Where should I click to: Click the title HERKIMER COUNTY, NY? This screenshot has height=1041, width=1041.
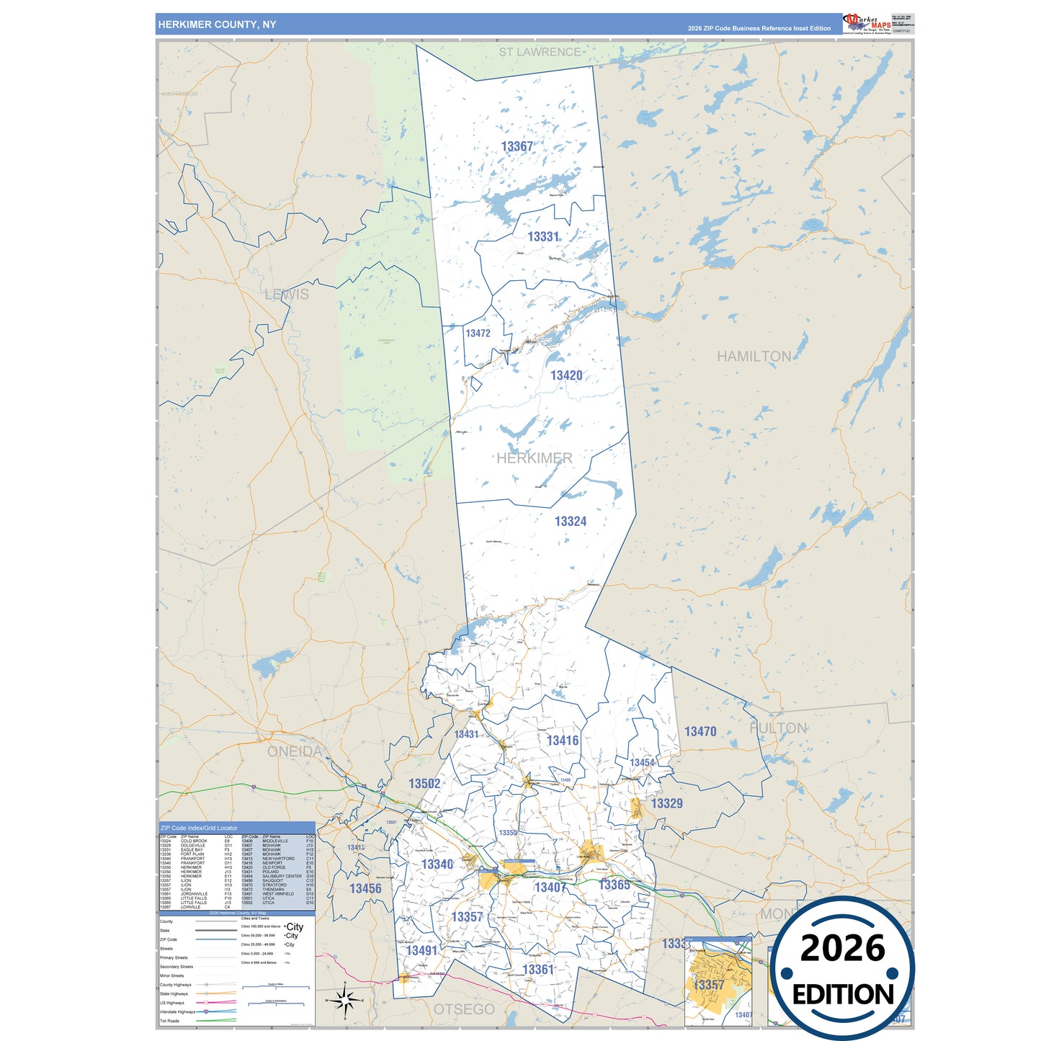[217, 24]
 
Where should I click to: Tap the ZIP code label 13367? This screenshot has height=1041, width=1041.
[517, 146]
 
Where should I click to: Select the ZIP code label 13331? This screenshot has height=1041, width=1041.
[543, 236]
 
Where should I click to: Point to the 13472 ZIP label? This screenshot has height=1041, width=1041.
[478, 333]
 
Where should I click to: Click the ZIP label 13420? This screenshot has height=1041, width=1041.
[566, 375]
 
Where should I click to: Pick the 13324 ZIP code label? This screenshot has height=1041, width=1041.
[571, 521]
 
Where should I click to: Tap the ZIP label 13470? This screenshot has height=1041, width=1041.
[700, 731]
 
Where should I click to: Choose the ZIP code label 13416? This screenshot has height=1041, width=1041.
[563, 741]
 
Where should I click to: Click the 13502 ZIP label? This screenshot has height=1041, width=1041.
[424, 783]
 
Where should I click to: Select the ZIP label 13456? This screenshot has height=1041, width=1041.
[365, 888]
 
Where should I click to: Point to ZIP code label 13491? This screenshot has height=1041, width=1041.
[421, 950]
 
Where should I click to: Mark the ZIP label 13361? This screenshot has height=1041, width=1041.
[538, 969]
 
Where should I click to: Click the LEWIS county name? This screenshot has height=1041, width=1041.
[287, 294]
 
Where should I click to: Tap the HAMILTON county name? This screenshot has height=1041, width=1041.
[754, 356]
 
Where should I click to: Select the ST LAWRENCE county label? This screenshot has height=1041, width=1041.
[540, 52]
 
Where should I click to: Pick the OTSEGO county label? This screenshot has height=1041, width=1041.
[464, 1009]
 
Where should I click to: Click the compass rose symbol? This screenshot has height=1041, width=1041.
[345, 1000]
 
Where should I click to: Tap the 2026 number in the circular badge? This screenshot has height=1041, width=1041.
[842, 948]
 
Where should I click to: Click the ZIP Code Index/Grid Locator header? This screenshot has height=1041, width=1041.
[199, 828]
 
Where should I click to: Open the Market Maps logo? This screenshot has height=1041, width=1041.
[867, 24]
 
